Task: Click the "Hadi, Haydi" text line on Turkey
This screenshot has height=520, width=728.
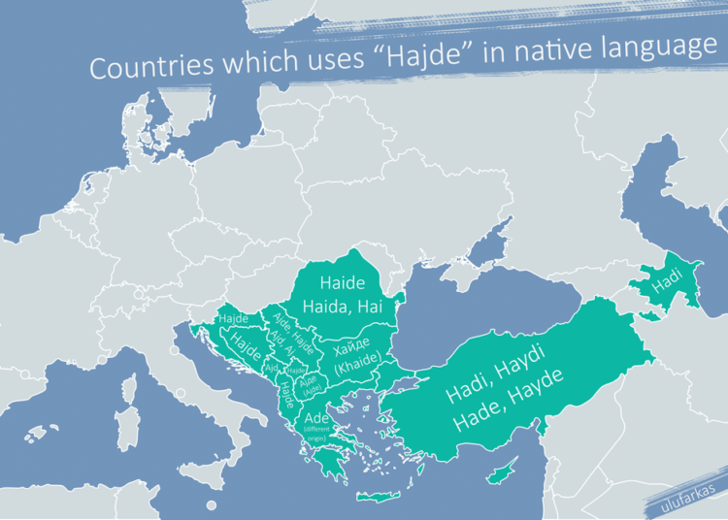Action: [x=498, y=378]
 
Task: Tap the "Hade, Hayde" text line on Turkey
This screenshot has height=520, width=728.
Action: [x=512, y=409]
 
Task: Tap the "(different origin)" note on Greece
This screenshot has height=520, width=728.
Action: [x=316, y=433]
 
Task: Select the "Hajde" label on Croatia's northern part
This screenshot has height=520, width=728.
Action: [x=233, y=318]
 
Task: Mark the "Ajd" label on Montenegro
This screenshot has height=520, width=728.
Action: [x=271, y=369]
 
